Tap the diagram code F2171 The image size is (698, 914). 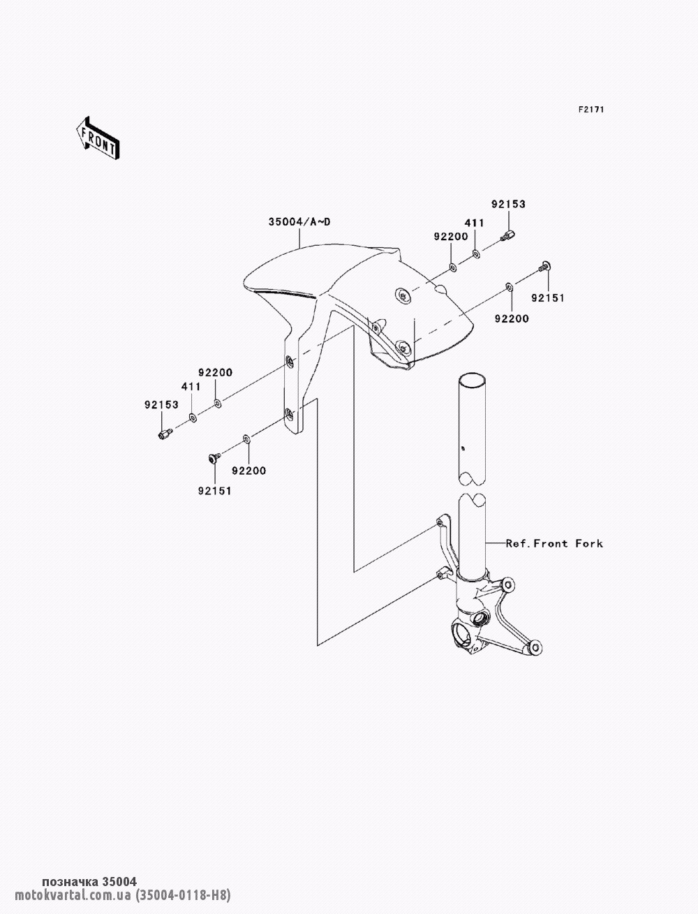(591, 110)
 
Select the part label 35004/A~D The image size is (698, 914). (299, 222)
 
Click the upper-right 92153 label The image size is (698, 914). (508, 204)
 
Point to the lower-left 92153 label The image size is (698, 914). (161, 405)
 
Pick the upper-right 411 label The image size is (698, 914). (474, 223)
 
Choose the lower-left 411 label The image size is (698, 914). (191, 386)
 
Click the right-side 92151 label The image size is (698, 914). (547, 297)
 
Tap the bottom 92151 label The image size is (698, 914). (214, 491)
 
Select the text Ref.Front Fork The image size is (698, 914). (554, 543)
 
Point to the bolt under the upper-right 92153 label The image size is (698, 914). (507, 236)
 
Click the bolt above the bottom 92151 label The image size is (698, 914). (214, 457)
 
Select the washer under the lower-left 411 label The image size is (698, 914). (193, 416)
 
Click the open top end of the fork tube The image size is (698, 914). (472, 379)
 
